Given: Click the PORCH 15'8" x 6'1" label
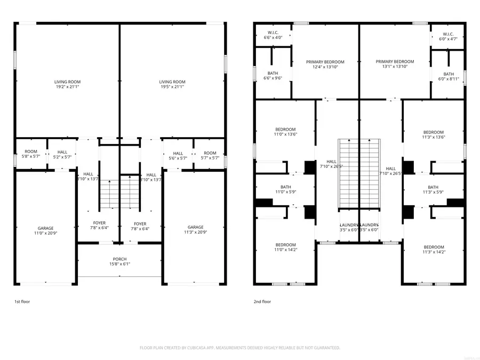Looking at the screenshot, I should click(x=119, y=261).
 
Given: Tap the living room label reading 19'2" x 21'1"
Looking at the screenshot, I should click(x=67, y=84).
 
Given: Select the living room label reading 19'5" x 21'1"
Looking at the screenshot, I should click(x=172, y=84).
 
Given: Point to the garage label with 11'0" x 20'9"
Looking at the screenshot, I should click(x=45, y=230).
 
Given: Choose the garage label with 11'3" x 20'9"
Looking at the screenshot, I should click(x=195, y=230).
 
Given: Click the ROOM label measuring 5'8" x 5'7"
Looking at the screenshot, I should click(x=31, y=155).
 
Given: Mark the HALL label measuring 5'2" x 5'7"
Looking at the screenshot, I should click(x=62, y=155).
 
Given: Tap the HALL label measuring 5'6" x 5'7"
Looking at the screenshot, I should click(x=178, y=155).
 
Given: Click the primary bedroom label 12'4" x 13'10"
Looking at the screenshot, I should click(x=325, y=64).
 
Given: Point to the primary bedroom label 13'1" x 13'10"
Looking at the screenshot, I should click(x=395, y=64).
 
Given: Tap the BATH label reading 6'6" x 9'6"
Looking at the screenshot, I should click(x=273, y=76).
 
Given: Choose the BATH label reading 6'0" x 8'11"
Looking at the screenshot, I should click(x=449, y=76).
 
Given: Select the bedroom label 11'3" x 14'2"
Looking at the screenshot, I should click(x=434, y=250).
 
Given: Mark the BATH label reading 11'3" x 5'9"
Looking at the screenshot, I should click(x=433, y=189).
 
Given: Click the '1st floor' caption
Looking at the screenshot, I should click(x=22, y=302).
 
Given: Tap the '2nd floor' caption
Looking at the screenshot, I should click(x=262, y=302).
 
